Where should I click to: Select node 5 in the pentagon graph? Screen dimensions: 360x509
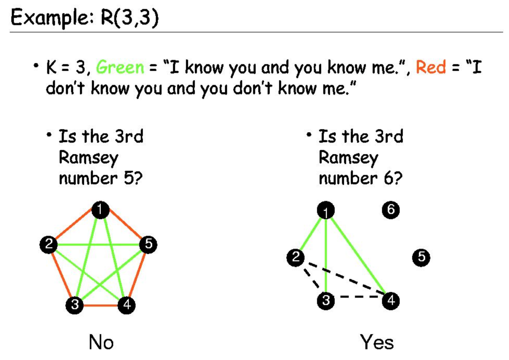pyautogui.click(x=148, y=245)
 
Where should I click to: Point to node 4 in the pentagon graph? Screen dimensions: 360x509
pyautogui.click(x=126, y=305)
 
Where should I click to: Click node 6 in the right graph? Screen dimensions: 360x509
pyautogui.click(x=390, y=210)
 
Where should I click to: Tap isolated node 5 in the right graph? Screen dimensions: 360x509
pyautogui.click(x=422, y=257)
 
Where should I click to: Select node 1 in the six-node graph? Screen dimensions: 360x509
pyautogui.click(x=325, y=211)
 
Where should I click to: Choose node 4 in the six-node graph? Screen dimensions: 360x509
pyautogui.click(x=391, y=300)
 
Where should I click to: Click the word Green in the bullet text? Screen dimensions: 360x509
pyautogui.click(x=120, y=67)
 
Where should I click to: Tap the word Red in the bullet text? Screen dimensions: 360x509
pyautogui.click(x=431, y=67)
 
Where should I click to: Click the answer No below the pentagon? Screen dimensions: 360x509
pyautogui.click(x=101, y=342)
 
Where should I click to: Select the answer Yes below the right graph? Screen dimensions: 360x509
pyautogui.click(x=377, y=342)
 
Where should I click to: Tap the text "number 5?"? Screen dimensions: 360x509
pyautogui.click(x=100, y=178)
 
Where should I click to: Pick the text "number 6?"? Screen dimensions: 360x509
pyautogui.click(x=360, y=178)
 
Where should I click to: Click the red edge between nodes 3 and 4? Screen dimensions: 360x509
pyautogui.click(x=100, y=306)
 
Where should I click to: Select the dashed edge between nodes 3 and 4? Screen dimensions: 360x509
pyautogui.click(x=359, y=298)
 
